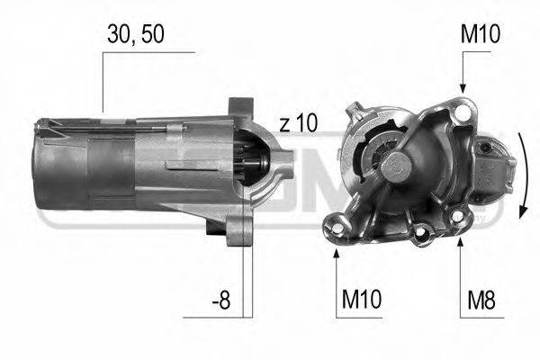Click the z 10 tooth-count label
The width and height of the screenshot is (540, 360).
(x=298, y=123)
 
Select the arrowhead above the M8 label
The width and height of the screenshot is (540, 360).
(x=459, y=245)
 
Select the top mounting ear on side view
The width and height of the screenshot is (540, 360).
(x=238, y=110)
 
